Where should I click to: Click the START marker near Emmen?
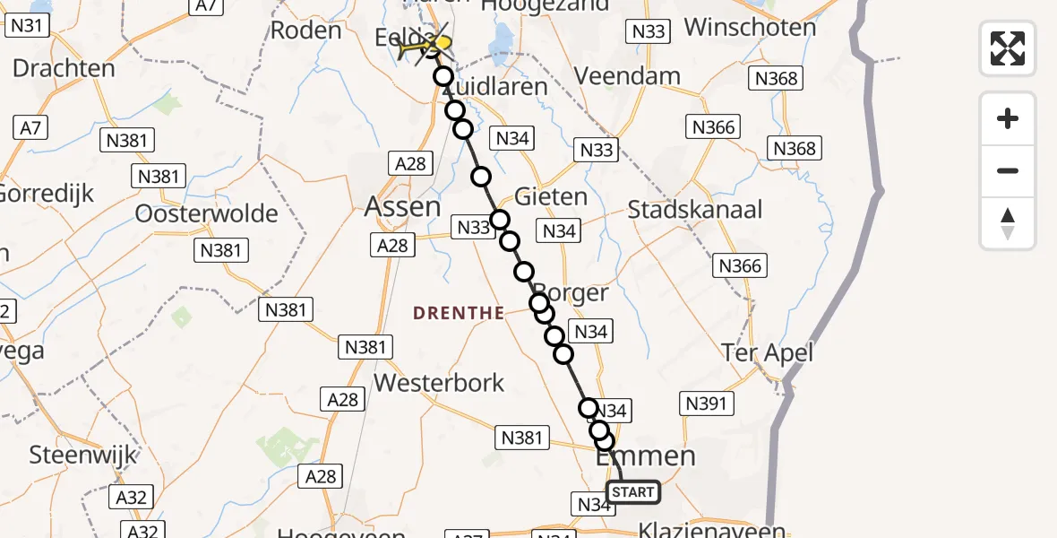pyautogui.click(x=633, y=491)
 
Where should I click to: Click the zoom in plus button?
pyautogui.click(x=1008, y=118)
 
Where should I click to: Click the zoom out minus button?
pyautogui.click(x=1008, y=170)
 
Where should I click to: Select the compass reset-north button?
pyautogui.click(x=1008, y=223)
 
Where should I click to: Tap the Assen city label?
pyautogui.click(x=402, y=207)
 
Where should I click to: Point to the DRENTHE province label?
pyautogui.click(x=457, y=312)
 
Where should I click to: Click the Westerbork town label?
pyautogui.click(x=439, y=383)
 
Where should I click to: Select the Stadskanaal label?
pyautogui.click(x=695, y=210)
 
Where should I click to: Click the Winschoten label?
pyautogui.click(x=751, y=27)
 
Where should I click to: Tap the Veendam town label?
pyautogui.click(x=627, y=75)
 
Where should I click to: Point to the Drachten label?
pyautogui.click(x=64, y=68)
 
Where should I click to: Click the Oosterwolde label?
pyautogui.click(x=206, y=213)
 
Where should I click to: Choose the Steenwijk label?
pyautogui.click(x=83, y=455)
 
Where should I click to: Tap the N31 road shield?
pyautogui.click(x=27, y=25)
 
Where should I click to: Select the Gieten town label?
pyautogui.click(x=552, y=196)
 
